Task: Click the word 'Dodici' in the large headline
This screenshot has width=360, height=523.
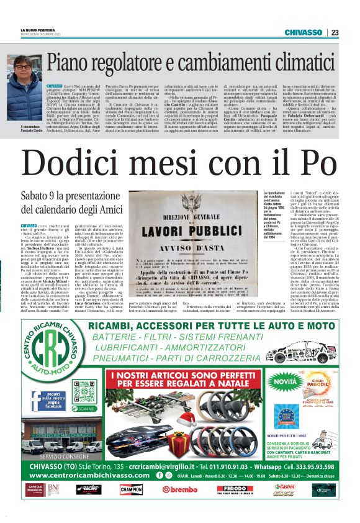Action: coord(78,163)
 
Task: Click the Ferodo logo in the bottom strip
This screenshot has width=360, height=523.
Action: coord(230,489)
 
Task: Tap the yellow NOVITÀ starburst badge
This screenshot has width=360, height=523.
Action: coord(276,378)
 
